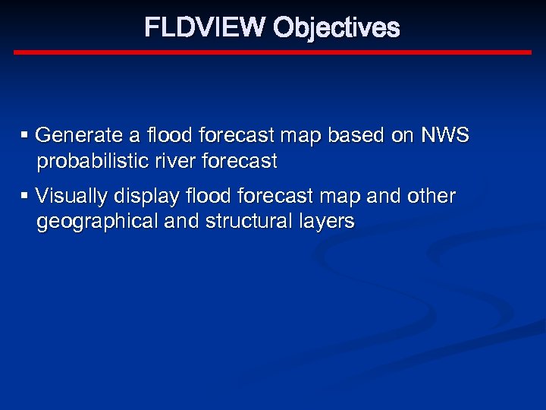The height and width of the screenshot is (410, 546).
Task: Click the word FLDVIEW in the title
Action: point(206,28)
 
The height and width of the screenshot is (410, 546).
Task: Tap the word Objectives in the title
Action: point(336,28)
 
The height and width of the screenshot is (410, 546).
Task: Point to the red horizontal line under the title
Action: point(273,52)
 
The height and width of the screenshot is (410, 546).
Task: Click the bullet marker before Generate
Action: point(25,135)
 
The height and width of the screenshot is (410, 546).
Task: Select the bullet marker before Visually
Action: point(25,196)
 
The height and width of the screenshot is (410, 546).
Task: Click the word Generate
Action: point(79,136)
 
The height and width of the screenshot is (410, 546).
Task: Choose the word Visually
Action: point(71,197)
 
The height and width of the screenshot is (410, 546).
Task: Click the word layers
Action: point(325,222)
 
